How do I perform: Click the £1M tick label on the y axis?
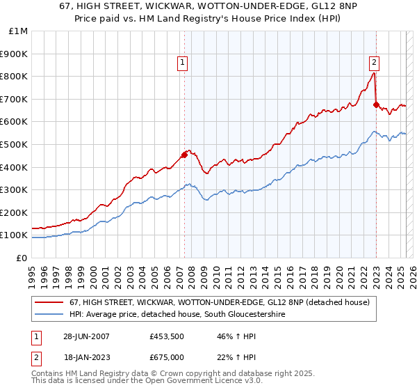[18, 31]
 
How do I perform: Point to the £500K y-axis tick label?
[15, 144]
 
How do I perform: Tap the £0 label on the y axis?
[22, 258]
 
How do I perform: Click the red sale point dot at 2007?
[185, 155]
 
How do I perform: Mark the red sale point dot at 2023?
[376, 104]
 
